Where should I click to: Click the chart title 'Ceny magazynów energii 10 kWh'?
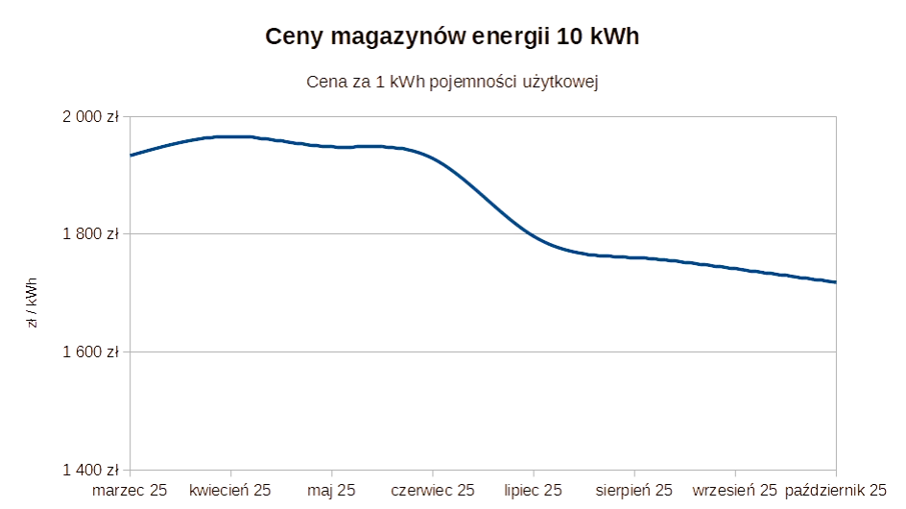click(x=453, y=36)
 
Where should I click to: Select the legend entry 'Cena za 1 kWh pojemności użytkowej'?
click(x=453, y=83)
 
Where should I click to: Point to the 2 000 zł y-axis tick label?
click(x=92, y=117)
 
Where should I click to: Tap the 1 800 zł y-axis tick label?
click(x=92, y=234)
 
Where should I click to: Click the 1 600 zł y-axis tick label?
click(x=92, y=352)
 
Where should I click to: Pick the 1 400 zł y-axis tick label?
click(x=92, y=470)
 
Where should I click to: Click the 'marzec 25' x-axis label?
click(x=130, y=491)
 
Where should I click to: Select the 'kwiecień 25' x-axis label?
click(x=230, y=491)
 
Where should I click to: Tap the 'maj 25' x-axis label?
click(x=331, y=491)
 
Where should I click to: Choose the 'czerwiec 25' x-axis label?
click(x=432, y=491)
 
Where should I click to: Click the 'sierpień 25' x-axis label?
click(x=632, y=491)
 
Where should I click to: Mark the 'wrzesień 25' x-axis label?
click(x=733, y=491)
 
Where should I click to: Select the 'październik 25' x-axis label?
click(x=833, y=491)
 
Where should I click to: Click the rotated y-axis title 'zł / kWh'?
click(x=33, y=304)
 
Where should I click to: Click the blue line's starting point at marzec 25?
click(x=131, y=155)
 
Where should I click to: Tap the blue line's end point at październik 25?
click(x=836, y=281)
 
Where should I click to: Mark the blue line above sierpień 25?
click(x=632, y=256)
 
